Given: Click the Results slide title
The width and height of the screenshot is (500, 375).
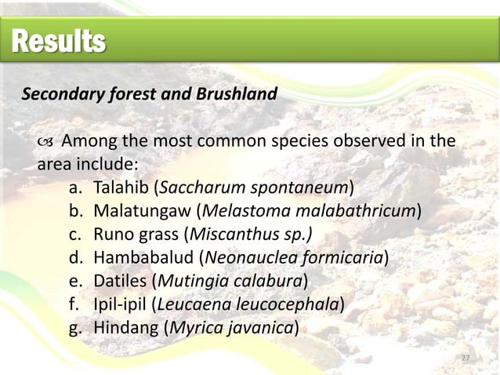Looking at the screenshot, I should [x=58, y=42].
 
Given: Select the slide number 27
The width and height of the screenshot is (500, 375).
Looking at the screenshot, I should [x=465, y=359].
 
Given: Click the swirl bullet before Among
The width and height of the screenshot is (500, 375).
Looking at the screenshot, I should [x=45, y=143].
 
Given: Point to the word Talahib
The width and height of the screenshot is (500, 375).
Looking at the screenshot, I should [x=121, y=189].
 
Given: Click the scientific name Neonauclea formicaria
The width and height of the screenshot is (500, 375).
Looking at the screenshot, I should [x=293, y=257].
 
